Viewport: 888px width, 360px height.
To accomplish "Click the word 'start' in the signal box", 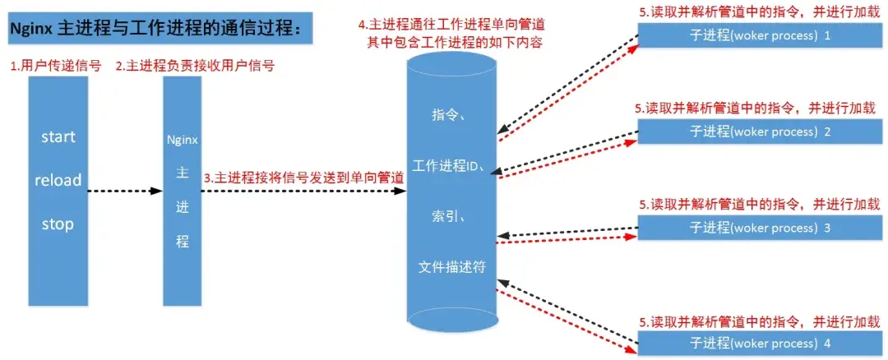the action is click(x=58, y=136).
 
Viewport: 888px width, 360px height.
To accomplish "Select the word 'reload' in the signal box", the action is click(x=58, y=180).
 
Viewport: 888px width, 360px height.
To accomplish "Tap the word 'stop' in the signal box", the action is click(x=58, y=224).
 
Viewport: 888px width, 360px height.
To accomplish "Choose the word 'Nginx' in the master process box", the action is click(x=182, y=140).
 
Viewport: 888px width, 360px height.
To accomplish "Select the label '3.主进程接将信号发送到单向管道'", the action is click(x=303, y=177).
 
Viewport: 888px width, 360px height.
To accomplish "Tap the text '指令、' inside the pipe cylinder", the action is click(x=450, y=116).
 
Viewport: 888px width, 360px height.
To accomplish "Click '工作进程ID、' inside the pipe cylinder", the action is click(x=451, y=167).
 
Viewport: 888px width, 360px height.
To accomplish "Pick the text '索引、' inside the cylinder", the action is click(x=450, y=217).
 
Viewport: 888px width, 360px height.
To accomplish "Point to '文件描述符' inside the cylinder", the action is click(x=451, y=267).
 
